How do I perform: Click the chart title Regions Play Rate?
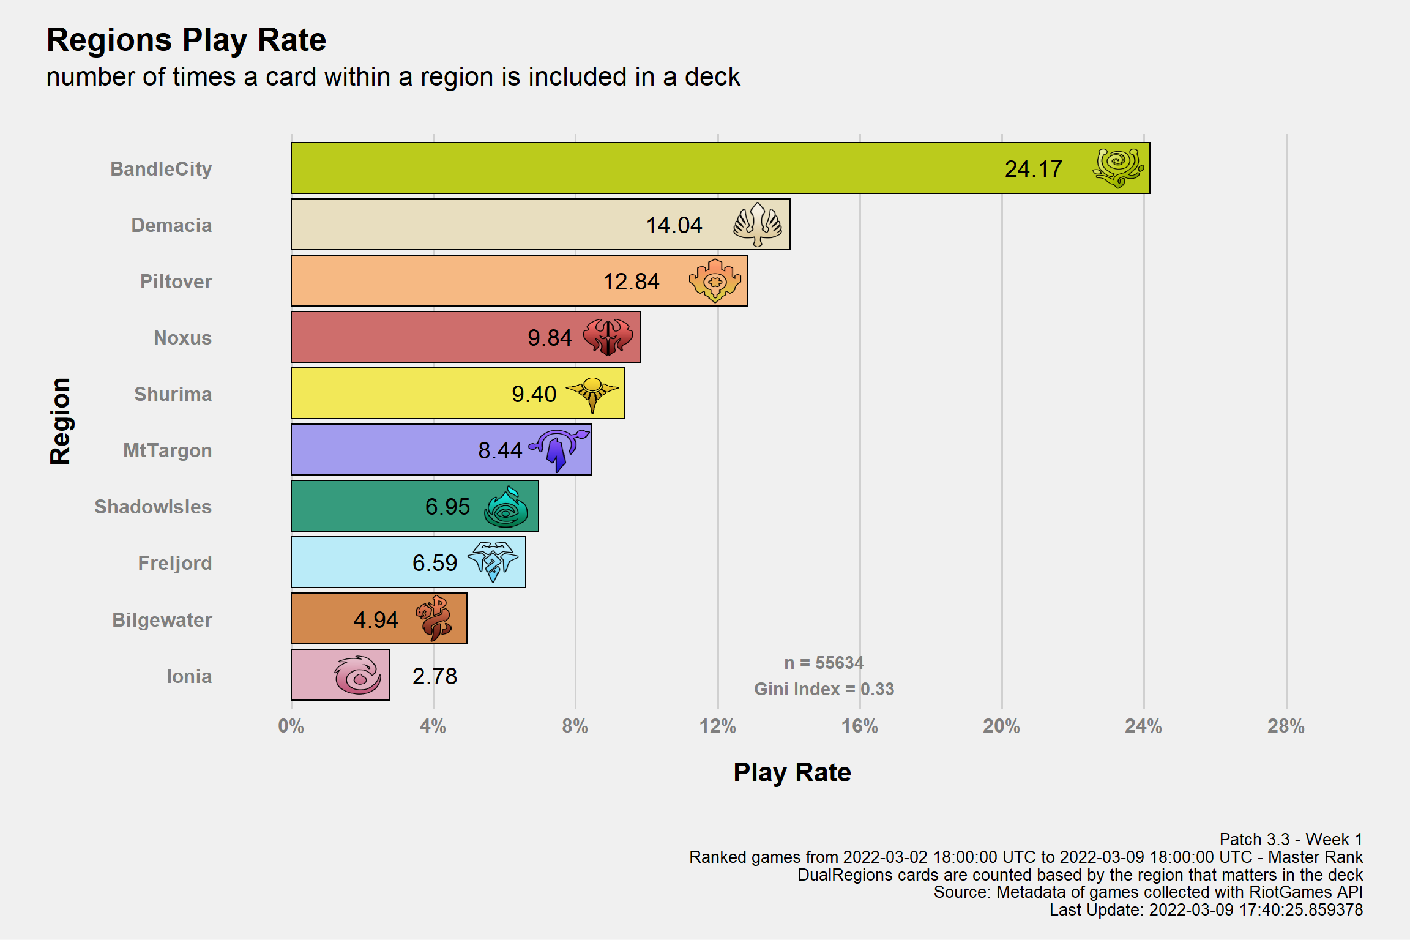(187, 40)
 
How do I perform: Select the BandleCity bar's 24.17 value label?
(1033, 169)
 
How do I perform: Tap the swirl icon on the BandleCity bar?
(1117, 168)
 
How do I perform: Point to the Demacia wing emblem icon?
(758, 225)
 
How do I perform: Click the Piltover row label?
(176, 282)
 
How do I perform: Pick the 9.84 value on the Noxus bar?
(550, 338)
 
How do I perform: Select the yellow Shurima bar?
(458, 394)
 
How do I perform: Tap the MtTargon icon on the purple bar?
(559, 450)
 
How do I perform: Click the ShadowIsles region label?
(153, 507)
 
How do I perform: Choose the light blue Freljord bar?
(408, 562)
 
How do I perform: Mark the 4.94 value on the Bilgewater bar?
(376, 620)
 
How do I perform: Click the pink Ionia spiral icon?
(358, 675)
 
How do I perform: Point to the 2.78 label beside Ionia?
(435, 676)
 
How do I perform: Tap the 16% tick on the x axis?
(859, 726)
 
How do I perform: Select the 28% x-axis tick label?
(1286, 726)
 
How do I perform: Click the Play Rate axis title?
(792, 773)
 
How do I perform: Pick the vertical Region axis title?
(60, 421)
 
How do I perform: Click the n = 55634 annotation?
(824, 663)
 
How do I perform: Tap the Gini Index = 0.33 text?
(824, 689)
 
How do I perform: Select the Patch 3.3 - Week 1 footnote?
(1291, 839)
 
